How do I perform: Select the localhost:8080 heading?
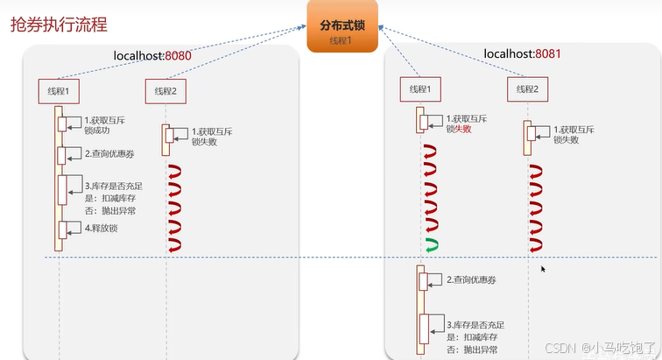(152, 56)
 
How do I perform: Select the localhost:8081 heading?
(522, 54)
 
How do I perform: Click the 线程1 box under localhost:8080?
(59, 90)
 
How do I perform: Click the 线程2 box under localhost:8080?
(165, 90)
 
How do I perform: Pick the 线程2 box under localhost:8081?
(528, 89)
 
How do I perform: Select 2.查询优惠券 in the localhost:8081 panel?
(475, 280)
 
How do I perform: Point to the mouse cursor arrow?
(544, 269)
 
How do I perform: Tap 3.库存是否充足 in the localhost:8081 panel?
(478, 324)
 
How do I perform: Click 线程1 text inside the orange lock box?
(342, 41)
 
